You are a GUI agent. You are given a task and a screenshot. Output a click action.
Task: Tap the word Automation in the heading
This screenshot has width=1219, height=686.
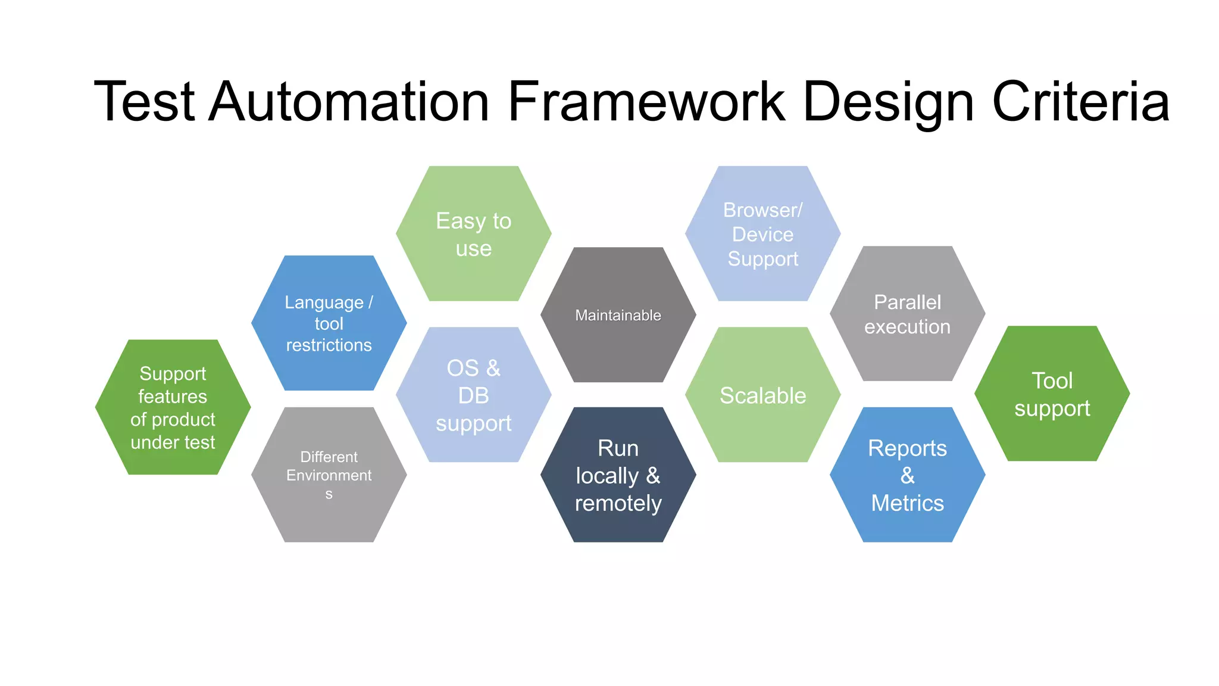(x=350, y=102)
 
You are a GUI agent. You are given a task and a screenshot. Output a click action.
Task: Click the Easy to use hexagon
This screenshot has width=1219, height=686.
(x=474, y=234)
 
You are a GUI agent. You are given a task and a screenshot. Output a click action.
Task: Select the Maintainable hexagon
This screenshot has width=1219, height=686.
(x=618, y=315)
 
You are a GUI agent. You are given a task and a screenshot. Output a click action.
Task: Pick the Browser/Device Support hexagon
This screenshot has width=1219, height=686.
(x=762, y=234)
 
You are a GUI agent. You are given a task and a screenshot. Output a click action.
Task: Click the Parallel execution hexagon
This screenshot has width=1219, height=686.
(x=907, y=314)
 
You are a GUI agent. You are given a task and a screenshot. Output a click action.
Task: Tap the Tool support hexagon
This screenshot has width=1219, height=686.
(x=1052, y=394)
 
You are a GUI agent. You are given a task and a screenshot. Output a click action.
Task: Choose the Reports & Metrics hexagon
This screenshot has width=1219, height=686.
(x=907, y=475)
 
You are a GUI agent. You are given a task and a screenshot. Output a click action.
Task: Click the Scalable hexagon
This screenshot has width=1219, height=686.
(x=762, y=395)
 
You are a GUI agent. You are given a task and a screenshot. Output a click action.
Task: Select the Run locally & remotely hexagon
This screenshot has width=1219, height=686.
(x=618, y=475)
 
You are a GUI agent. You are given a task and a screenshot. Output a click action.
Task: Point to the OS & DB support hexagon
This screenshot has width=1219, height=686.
(x=474, y=395)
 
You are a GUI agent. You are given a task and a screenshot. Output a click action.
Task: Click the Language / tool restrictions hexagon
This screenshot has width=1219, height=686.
(x=329, y=323)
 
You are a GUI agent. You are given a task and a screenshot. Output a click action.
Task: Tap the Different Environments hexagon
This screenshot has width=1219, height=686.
(x=329, y=475)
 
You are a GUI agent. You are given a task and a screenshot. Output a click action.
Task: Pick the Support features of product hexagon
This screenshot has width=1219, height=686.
(x=173, y=407)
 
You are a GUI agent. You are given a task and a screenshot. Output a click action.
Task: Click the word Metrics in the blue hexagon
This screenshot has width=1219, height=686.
(x=907, y=503)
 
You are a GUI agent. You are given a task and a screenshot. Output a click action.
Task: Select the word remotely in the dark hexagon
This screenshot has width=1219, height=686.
(x=618, y=504)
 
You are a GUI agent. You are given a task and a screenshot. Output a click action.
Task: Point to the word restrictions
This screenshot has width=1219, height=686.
(x=329, y=345)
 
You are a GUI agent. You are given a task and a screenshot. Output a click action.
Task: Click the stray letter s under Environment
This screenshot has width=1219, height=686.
(x=329, y=494)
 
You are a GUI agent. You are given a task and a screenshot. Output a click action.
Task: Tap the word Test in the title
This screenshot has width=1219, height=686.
(x=145, y=102)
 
